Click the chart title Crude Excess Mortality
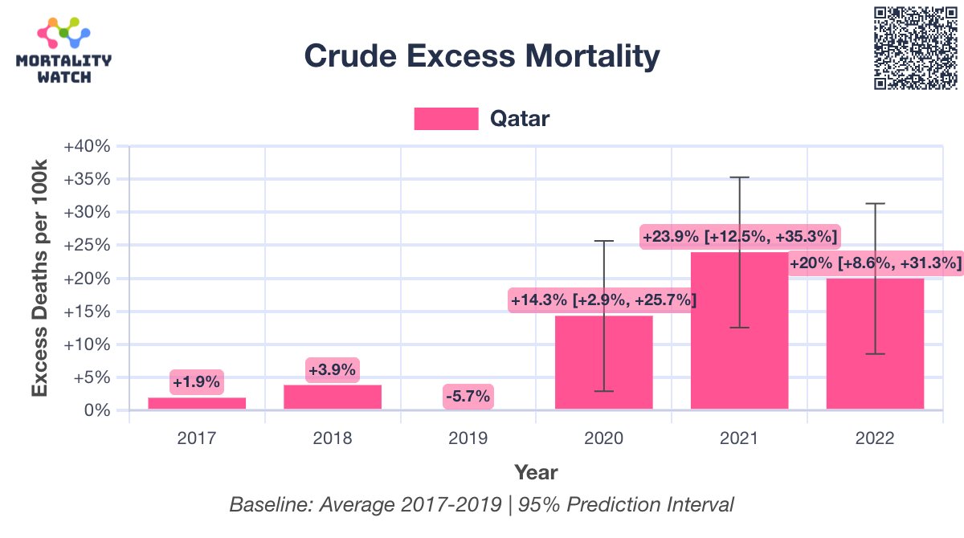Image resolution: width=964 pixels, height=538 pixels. pyautogui.click(x=482, y=56)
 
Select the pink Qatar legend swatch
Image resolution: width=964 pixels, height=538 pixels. pyautogui.click(x=446, y=119)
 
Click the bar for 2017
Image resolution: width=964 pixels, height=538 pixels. pyautogui.click(x=197, y=404)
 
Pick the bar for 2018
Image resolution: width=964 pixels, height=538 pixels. pyautogui.click(x=333, y=397)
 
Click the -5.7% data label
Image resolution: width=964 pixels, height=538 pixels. pyautogui.click(x=468, y=396)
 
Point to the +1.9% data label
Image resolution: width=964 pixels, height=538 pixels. pyautogui.click(x=196, y=382)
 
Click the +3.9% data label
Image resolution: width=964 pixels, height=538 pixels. pyautogui.click(x=333, y=370)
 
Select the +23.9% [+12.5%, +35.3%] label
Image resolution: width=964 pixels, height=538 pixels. pyautogui.click(x=740, y=237)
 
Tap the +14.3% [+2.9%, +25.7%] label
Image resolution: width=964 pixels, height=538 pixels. pyautogui.click(x=603, y=300)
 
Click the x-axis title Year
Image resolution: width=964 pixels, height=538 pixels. pyautogui.click(x=536, y=471)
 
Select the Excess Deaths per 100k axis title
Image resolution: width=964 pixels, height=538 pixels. pyautogui.click(x=40, y=277)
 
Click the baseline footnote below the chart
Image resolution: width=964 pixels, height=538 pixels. pyautogui.click(x=482, y=505)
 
